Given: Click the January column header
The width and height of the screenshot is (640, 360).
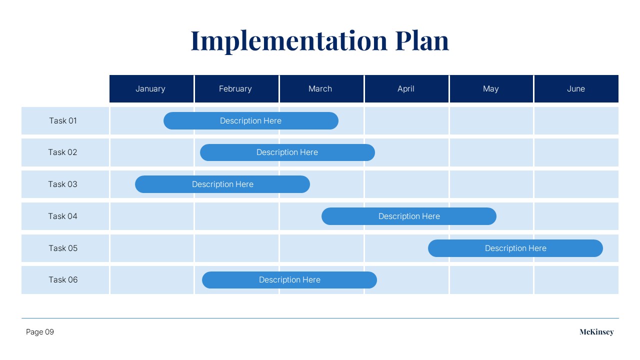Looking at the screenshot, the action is tap(151, 88).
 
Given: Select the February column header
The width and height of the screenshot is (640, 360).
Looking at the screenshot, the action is tap(236, 88).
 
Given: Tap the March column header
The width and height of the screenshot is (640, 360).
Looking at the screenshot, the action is tap(321, 88).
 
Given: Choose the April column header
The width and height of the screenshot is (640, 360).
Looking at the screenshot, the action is tap(406, 88).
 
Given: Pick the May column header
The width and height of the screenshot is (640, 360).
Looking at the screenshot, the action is tap(491, 88).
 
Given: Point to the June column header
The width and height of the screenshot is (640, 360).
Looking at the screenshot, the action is tap(576, 88).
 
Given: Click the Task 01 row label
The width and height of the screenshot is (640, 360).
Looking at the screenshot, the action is tap(63, 121).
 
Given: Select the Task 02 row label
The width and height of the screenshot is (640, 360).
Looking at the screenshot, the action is tap(62, 152).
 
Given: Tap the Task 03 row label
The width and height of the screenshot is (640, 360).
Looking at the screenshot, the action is tap(62, 184).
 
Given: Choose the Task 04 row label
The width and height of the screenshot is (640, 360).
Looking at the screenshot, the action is tap(62, 216).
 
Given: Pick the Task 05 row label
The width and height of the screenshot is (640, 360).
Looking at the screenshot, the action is tap(63, 248).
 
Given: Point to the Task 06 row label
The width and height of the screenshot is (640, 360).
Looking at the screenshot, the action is tap(63, 279).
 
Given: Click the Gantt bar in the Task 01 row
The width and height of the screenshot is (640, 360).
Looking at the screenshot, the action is tap(251, 121).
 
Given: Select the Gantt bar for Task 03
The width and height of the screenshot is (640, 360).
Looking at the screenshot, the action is tap(222, 184).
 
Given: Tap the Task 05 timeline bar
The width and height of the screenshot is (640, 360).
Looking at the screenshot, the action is tap(515, 248).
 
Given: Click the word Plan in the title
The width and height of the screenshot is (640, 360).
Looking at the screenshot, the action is tap(422, 41).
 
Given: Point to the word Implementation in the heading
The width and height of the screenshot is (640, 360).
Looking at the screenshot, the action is tap(289, 41).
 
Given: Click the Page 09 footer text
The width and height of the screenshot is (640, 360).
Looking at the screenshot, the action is tap(39, 332).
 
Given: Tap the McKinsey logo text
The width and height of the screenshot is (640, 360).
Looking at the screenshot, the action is tap(596, 332).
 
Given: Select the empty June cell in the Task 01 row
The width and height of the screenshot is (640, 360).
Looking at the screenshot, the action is tap(576, 121).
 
